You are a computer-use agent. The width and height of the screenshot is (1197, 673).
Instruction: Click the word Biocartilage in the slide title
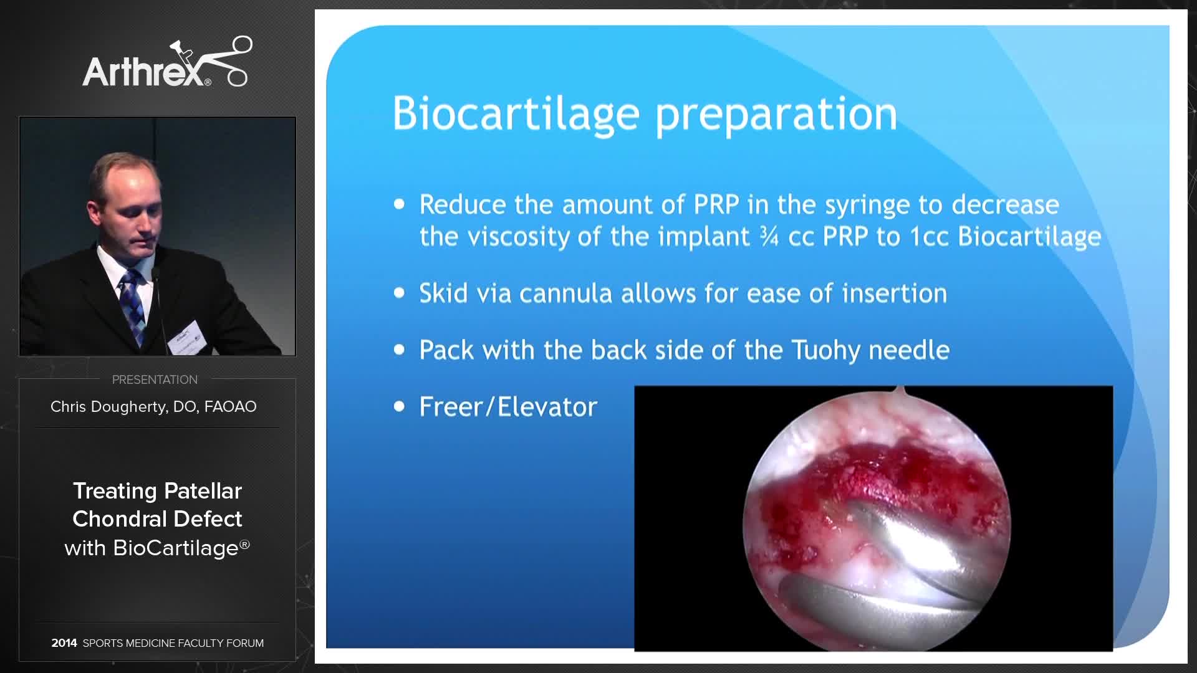tap(516, 114)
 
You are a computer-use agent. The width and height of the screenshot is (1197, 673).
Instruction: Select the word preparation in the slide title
tap(776, 115)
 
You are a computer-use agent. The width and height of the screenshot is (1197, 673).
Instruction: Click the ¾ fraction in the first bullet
tap(769, 237)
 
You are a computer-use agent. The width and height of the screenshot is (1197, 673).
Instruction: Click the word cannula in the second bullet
tap(565, 294)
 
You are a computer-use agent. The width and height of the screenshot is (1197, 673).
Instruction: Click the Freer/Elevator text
tap(508, 407)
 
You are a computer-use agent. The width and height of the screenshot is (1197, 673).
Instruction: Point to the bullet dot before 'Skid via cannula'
tap(400, 294)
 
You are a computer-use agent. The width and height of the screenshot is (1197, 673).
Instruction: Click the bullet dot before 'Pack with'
tap(400, 350)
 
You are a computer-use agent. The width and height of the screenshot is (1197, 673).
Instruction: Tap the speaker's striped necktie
tap(132, 305)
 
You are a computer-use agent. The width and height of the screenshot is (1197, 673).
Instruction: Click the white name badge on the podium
tap(186, 337)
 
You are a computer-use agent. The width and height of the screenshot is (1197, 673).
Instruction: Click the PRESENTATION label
tap(155, 379)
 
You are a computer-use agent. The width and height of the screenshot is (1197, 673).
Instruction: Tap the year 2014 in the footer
tap(64, 643)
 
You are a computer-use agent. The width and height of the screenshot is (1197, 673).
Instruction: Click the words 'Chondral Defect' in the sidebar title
tap(157, 519)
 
